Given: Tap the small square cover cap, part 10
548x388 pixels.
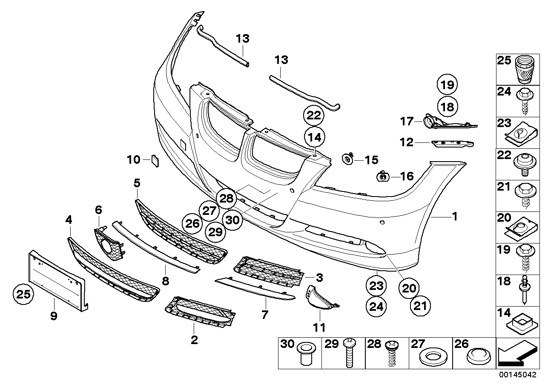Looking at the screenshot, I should (x=154, y=160).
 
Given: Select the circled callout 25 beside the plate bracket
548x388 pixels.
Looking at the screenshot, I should (x=23, y=294).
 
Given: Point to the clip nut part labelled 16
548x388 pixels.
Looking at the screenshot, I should (x=383, y=176).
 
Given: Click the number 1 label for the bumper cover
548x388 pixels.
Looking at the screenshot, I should (x=454, y=217).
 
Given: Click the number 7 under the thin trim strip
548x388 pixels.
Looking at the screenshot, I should (x=265, y=315).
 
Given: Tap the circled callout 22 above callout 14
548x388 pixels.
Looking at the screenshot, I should (x=314, y=116).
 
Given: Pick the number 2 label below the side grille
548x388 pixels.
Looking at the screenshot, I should (x=194, y=340).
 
